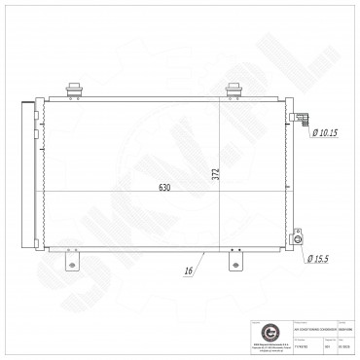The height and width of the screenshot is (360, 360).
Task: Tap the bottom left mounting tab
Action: (x=70, y=264)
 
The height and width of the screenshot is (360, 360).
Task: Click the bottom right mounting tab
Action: (x=234, y=264)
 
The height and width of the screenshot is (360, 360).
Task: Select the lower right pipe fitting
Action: (x=299, y=238)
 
